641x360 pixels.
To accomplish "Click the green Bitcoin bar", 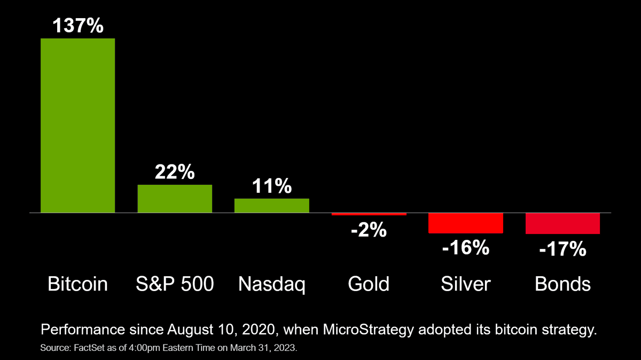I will pyautogui.click(x=78, y=126).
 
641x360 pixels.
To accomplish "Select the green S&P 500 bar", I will pyautogui.click(x=175, y=199).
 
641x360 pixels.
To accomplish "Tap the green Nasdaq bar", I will pyautogui.click(x=272, y=206).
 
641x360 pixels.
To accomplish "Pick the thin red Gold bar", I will pyautogui.click(x=369, y=214).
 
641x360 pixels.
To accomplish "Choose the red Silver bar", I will pyautogui.click(x=466, y=223).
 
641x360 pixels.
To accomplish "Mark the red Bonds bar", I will pyautogui.click(x=562, y=223).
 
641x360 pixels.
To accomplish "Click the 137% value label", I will pyautogui.click(x=78, y=26).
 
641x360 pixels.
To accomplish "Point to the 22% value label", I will pyautogui.click(x=175, y=173).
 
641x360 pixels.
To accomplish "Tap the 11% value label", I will pyautogui.click(x=272, y=186).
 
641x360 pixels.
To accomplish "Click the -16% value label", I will pyautogui.click(x=465, y=247).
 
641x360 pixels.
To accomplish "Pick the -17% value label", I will pyautogui.click(x=562, y=249).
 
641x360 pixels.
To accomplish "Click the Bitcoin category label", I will pyautogui.click(x=78, y=284).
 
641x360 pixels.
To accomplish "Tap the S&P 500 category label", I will pyautogui.click(x=175, y=284).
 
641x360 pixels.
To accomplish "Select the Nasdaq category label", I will pyautogui.click(x=272, y=284).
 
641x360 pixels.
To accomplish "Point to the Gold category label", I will pyautogui.click(x=369, y=284).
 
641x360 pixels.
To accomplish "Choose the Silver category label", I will pyautogui.click(x=466, y=284).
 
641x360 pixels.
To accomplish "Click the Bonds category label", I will pyautogui.click(x=562, y=284).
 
